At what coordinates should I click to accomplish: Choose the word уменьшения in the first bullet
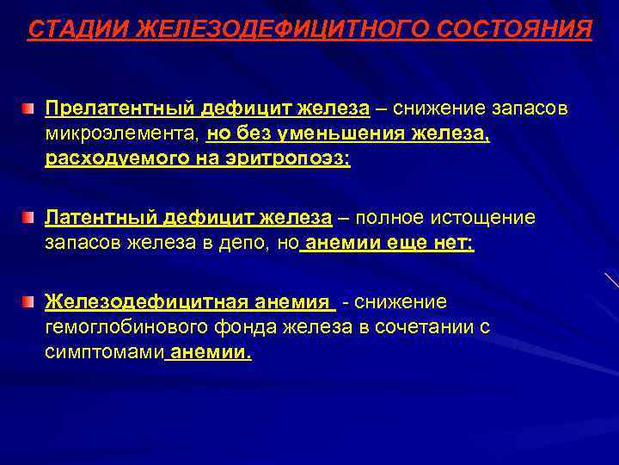pos(362,135)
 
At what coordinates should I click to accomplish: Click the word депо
pos(248,244)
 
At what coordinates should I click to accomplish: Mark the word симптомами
pos(104,352)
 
